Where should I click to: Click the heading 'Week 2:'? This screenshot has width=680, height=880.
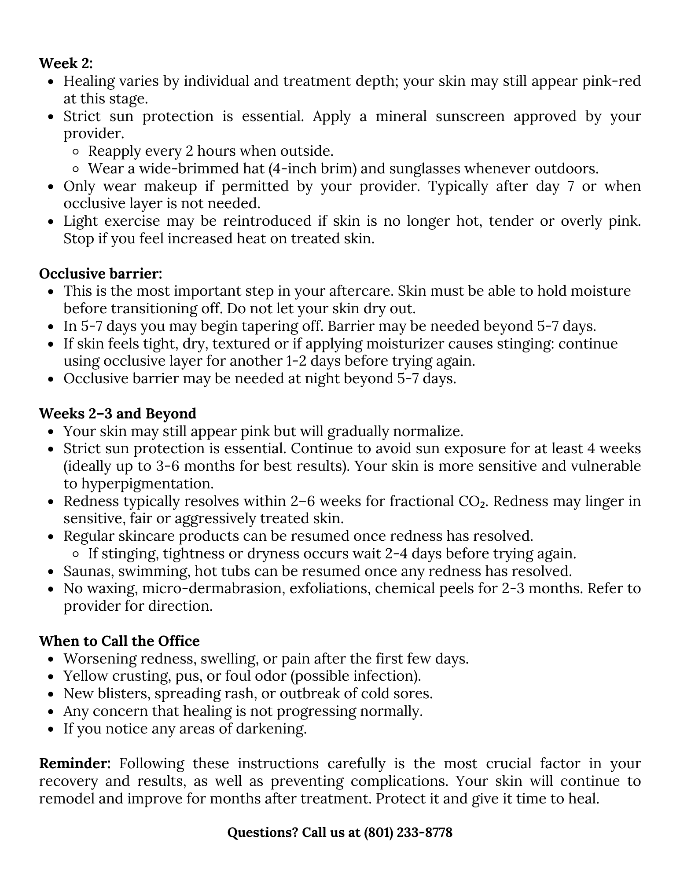pyautogui.click(x=66, y=63)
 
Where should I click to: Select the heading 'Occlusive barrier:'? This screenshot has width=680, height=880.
pyautogui.click(x=100, y=274)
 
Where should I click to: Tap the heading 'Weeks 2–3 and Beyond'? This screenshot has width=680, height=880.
pyautogui.click(x=118, y=414)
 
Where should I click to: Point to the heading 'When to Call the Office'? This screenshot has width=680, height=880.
pyautogui.click(x=119, y=641)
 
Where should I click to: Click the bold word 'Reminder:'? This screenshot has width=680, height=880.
pyautogui.click(x=75, y=763)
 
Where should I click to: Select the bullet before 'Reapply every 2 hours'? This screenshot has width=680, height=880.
pyautogui.click(x=76, y=152)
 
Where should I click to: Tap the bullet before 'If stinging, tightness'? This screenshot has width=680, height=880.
pyautogui.click(x=76, y=554)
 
